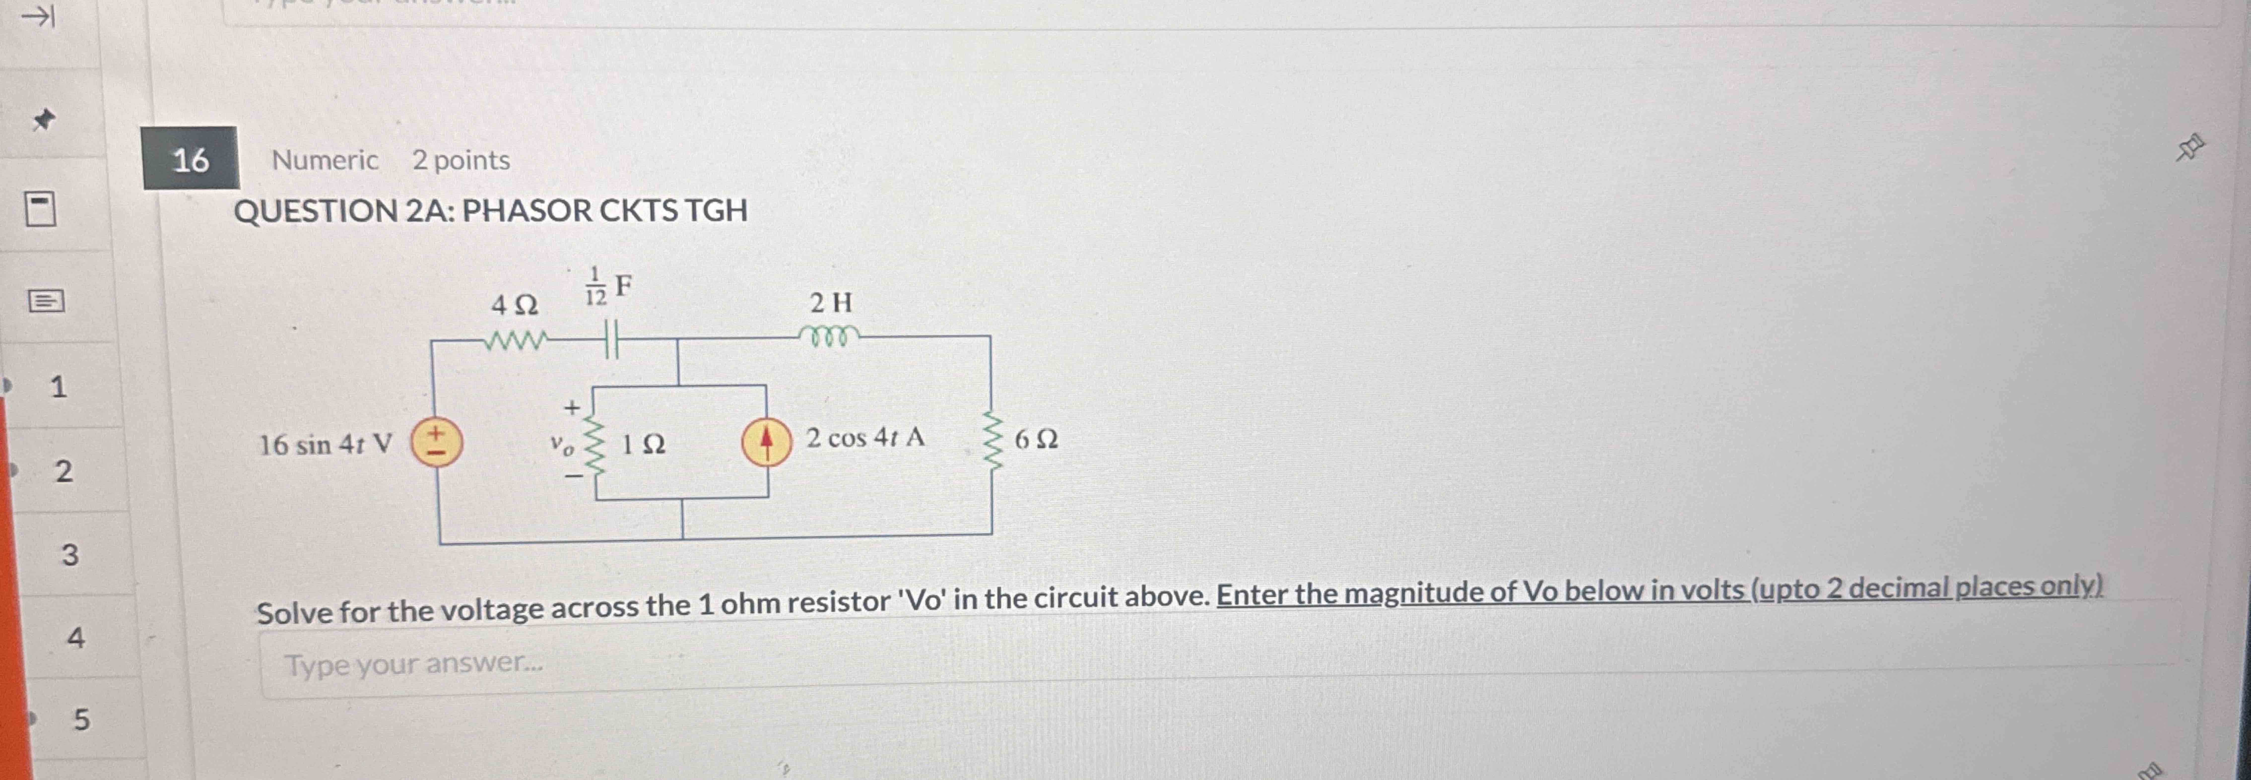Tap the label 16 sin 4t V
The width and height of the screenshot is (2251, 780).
coord(325,445)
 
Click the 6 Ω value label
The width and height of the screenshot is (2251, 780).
coord(1036,439)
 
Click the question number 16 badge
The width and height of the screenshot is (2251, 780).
coord(191,159)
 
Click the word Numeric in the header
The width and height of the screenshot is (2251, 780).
coord(324,160)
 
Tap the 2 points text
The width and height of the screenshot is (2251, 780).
coord(461,160)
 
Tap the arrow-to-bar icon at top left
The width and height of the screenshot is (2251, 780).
coord(38,16)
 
